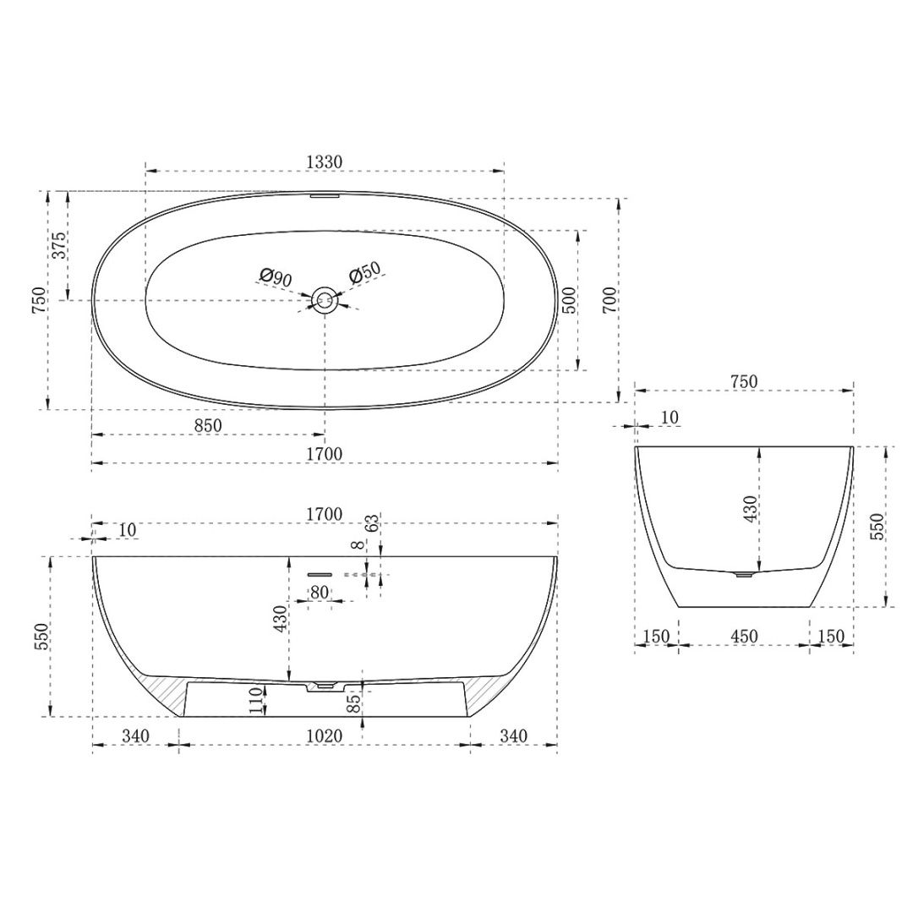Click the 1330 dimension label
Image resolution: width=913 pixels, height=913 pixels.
click(x=324, y=161)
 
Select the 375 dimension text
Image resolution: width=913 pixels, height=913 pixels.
click(x=58, y=245)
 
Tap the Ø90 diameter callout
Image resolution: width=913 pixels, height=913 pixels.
click(x=276, y=276)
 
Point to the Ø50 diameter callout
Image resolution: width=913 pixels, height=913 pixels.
click(x=365, y=274)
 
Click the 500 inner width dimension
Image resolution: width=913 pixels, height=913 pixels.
click(x=568, y=300)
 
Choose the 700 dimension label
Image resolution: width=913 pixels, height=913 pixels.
click(x=610, y=300)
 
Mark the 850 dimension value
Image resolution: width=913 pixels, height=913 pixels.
click(x=207, y=426)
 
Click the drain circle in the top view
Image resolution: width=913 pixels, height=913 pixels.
click(x=324, y=298)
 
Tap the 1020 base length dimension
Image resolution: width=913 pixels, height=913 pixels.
click(x=324, y=736)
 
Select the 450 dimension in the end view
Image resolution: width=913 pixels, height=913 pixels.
click(x=744, y=636)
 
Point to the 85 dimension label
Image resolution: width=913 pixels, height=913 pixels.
click(x=353, y=701)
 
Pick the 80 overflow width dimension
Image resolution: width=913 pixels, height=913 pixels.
click(x=319, y=592)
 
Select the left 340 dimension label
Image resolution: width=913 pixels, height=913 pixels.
click(x=135, y=736)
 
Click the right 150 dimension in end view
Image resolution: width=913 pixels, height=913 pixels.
click(x=831, y=636)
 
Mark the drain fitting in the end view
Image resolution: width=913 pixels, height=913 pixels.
click(x=743, y=574)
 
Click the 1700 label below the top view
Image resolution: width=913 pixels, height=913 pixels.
click(x=324, y=454)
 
